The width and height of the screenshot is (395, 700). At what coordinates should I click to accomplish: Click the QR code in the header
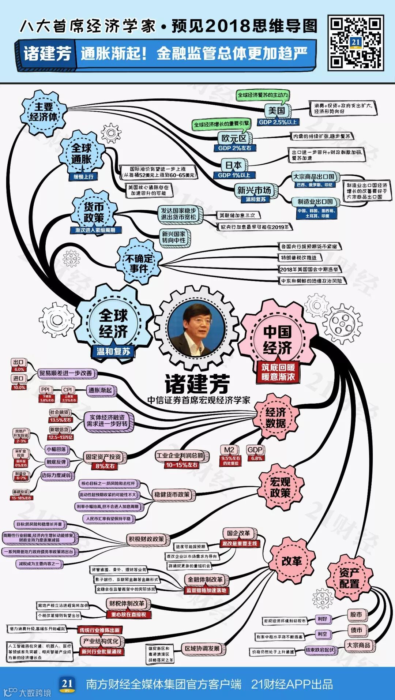[355, 42]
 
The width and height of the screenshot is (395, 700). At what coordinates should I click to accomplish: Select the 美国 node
[276, 111]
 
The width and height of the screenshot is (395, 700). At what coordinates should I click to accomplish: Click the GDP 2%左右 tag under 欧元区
[234, 148]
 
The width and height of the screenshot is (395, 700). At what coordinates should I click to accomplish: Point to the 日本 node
[233, 165]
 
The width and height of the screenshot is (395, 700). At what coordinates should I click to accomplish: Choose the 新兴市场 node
[254, 190]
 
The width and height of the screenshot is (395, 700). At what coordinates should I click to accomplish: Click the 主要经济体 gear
[44, 112]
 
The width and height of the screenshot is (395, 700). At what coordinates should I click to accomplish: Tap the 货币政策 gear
[94, 212]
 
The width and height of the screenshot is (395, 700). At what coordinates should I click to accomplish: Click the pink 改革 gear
[291, 561]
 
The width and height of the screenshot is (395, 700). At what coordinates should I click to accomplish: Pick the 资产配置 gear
[349, 579]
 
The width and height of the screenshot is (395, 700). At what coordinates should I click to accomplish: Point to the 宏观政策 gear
[280, 487]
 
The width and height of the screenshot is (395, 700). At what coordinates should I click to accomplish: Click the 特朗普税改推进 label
[299, 258]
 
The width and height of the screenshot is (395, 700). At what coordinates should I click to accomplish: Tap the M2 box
[229, 450]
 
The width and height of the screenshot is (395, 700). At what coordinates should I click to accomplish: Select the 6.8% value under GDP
[256, 458]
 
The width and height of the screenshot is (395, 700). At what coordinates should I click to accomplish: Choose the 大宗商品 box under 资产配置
[358, 645]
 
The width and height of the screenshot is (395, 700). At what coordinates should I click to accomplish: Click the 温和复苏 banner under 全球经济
[113, 351]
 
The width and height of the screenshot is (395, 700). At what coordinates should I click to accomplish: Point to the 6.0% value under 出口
[19, 370]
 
